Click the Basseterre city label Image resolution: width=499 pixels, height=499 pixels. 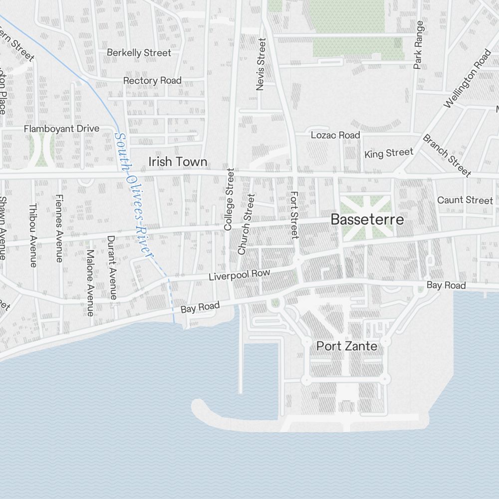pyautogui.click(x=367, y=220)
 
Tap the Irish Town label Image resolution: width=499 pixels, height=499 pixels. pyautogui.click(x=178, y=162)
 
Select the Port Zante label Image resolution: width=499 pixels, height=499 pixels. pyautogui.click(x=347, y=346)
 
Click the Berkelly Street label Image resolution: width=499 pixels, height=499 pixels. pyautogui.click(x=139, y=52)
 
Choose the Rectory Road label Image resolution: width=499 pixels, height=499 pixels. pyautogui.click(x=152, y=80)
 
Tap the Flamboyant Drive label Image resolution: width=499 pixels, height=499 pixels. pyautogui.click(x=62, y=129)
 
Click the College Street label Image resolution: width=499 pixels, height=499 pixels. pyautogui.click(x=229, y=199)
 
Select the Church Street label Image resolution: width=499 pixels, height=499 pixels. pyautogui.click(x=246, y=225)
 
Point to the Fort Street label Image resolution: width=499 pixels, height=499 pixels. pyautogui.click(x=294, y=214)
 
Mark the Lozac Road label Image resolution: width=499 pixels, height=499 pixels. pyautogui.click(x=335, y=135)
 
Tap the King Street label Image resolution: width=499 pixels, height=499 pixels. pyautogui.click(x=389, y=153)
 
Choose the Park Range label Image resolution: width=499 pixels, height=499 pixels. pyautogui.click(x=418, y=44)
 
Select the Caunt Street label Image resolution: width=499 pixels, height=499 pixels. pyautogui.click(x=465, y=200)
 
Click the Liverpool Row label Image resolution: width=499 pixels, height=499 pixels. pyautogui.click(x=240, y=275)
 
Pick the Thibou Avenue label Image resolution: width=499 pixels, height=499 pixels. pyautogui.click(x=33, y=235)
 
